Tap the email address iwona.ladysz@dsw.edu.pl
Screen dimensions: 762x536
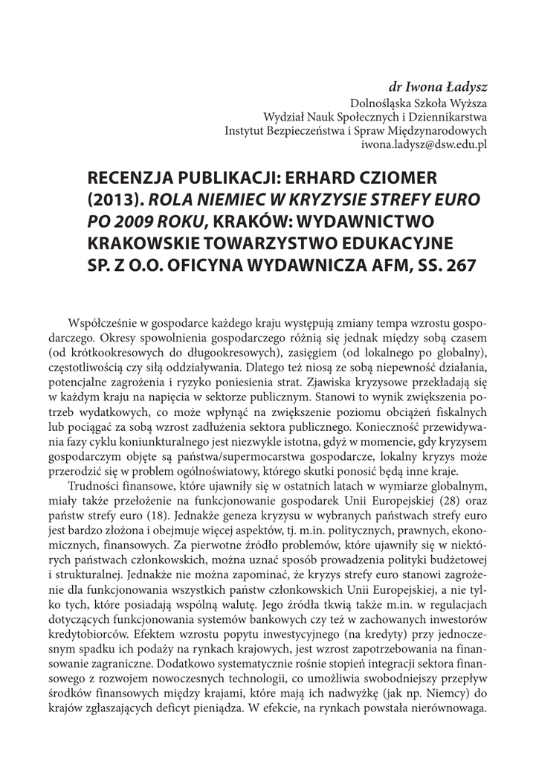(424, 145)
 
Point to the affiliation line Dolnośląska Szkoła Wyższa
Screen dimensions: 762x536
(418, 102)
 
